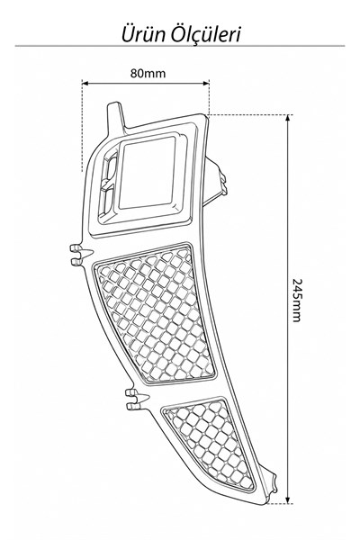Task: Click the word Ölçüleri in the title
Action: coord(206,34)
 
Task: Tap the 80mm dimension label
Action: coord(148,74)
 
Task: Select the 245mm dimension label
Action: coord(297,300)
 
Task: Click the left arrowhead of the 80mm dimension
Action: coord(85,83)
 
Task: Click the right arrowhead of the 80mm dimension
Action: coord(206,83)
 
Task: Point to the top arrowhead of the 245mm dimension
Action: coord(289,118)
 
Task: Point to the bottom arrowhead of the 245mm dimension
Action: coord(289,500)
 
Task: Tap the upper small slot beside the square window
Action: coord(110,169)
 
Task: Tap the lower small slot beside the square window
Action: coord(107,201)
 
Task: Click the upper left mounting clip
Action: coord(80,256)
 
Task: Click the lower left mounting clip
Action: coord(137,400)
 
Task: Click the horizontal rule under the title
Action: coord(179,46)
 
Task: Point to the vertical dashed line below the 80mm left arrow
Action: coord(82,128)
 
